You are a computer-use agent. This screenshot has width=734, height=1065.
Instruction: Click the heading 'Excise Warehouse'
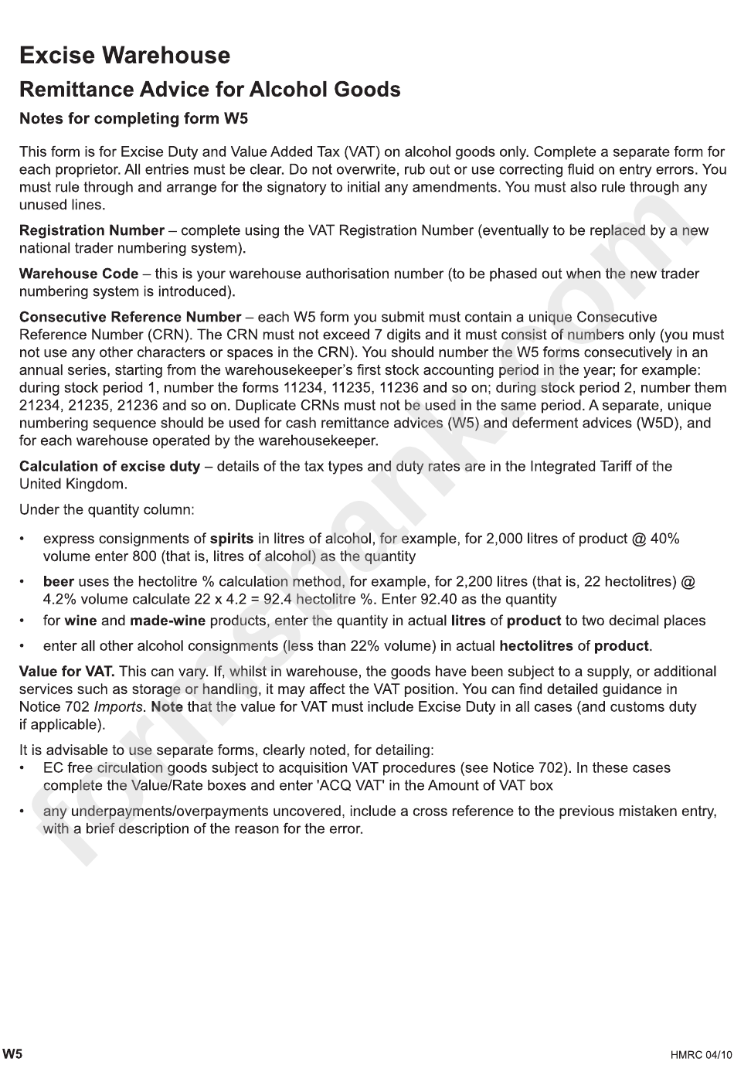point(124,56)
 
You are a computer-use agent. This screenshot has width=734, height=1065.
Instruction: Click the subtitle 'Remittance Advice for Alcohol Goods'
point(209,90)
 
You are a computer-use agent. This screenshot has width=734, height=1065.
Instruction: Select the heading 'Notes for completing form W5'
point(133,119)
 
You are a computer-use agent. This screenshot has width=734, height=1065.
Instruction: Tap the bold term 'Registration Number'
point(91,230)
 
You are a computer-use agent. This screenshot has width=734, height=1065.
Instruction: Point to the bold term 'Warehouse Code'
point(80,274)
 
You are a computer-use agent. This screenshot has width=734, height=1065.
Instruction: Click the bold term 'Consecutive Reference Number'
point(130,317)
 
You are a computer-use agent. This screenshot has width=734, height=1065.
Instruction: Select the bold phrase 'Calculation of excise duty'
point(109,466)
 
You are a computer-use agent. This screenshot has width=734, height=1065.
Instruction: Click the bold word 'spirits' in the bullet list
point(232,539)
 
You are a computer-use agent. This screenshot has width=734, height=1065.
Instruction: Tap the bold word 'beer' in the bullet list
point(59,582)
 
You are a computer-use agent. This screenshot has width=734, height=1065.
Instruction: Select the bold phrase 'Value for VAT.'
point(66,672)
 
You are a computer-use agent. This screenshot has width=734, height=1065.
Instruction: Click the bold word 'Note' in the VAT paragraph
point(167,707)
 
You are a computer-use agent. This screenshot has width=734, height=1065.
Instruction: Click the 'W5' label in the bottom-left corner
point(12,1053)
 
